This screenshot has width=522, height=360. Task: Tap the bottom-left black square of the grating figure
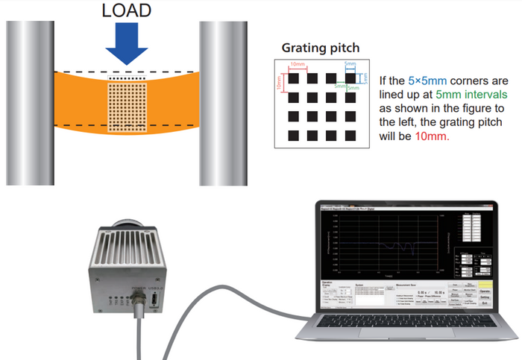click(293, 135)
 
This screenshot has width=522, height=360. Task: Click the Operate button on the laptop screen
click(484, 290)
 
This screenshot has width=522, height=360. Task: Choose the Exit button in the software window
click(484, 303)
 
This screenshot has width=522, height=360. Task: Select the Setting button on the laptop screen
click(484, 297)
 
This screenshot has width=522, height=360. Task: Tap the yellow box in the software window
click(484, 283)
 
